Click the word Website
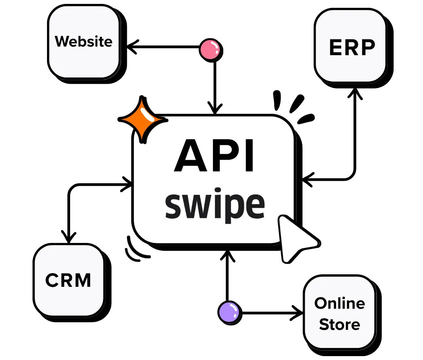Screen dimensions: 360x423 coord(83,41)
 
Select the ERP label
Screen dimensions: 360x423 coord(352,48)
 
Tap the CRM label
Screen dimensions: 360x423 coord(68,280)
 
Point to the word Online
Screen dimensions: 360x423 coord(340,303)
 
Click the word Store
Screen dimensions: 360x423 coord(340,324)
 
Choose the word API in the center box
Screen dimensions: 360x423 coord(214,157)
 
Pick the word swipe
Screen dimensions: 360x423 coord(215,205)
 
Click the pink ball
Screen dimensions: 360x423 coord(210,50)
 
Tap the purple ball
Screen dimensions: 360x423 coord(229,312)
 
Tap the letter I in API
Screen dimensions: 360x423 coord(249,157)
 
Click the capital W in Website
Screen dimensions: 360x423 coord(63,41)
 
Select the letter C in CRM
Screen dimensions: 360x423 coord(53,281)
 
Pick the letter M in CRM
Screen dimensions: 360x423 coord(83,281)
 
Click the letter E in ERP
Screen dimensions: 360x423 coord(336,48)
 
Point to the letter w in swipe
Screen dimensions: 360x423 coord(195,206)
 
